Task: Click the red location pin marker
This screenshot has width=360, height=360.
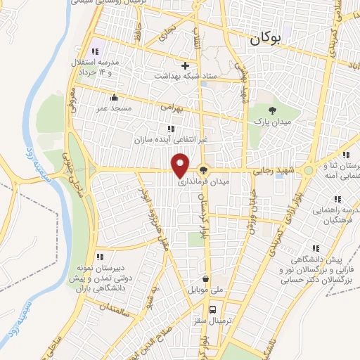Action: pos(180,165)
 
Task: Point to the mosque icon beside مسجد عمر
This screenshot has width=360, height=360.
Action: pos(113,97)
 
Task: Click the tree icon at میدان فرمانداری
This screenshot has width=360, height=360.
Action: pos(204,169)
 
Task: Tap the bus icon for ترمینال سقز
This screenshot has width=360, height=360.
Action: pos(212,309)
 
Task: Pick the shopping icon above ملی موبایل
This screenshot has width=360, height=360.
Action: pos(205,278)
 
